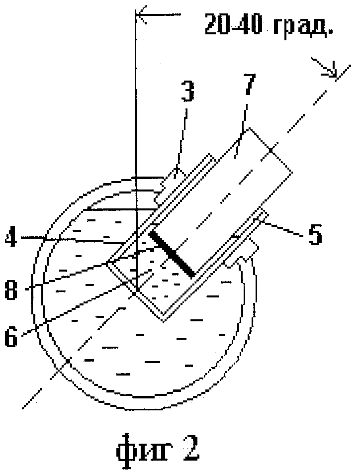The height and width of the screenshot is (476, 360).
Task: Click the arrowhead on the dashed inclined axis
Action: pyautogui.click(x=331, y=72)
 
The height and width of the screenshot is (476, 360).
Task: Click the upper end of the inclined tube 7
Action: pyautogui.click(x=269, y=149)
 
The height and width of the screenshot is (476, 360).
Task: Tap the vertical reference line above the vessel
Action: pyautogui.click(x=135, y=99)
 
